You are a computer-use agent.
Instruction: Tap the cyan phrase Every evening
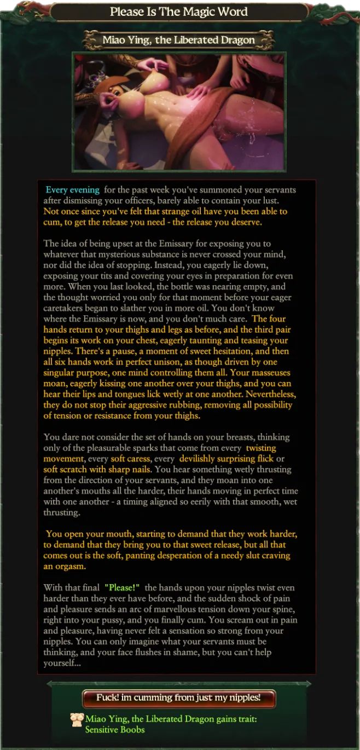coord(73,190)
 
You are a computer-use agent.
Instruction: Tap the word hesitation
coord(216,351)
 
